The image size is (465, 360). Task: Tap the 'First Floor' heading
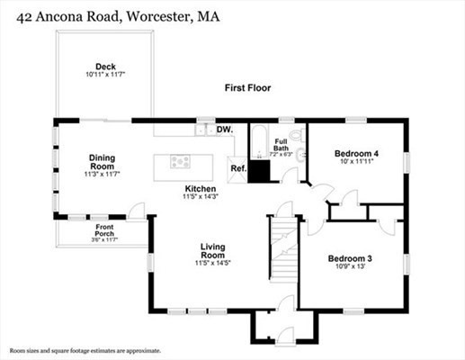(247, 88)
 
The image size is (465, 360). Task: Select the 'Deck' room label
(106, 65)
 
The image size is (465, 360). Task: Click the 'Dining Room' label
(102, 162)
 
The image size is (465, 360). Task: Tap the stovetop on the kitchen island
(182, 163)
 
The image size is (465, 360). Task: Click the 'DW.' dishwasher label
(226, 130)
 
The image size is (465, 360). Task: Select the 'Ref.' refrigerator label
(238, 168)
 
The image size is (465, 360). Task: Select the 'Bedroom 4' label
(356, 154)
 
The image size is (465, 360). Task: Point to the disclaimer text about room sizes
(85, 350)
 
